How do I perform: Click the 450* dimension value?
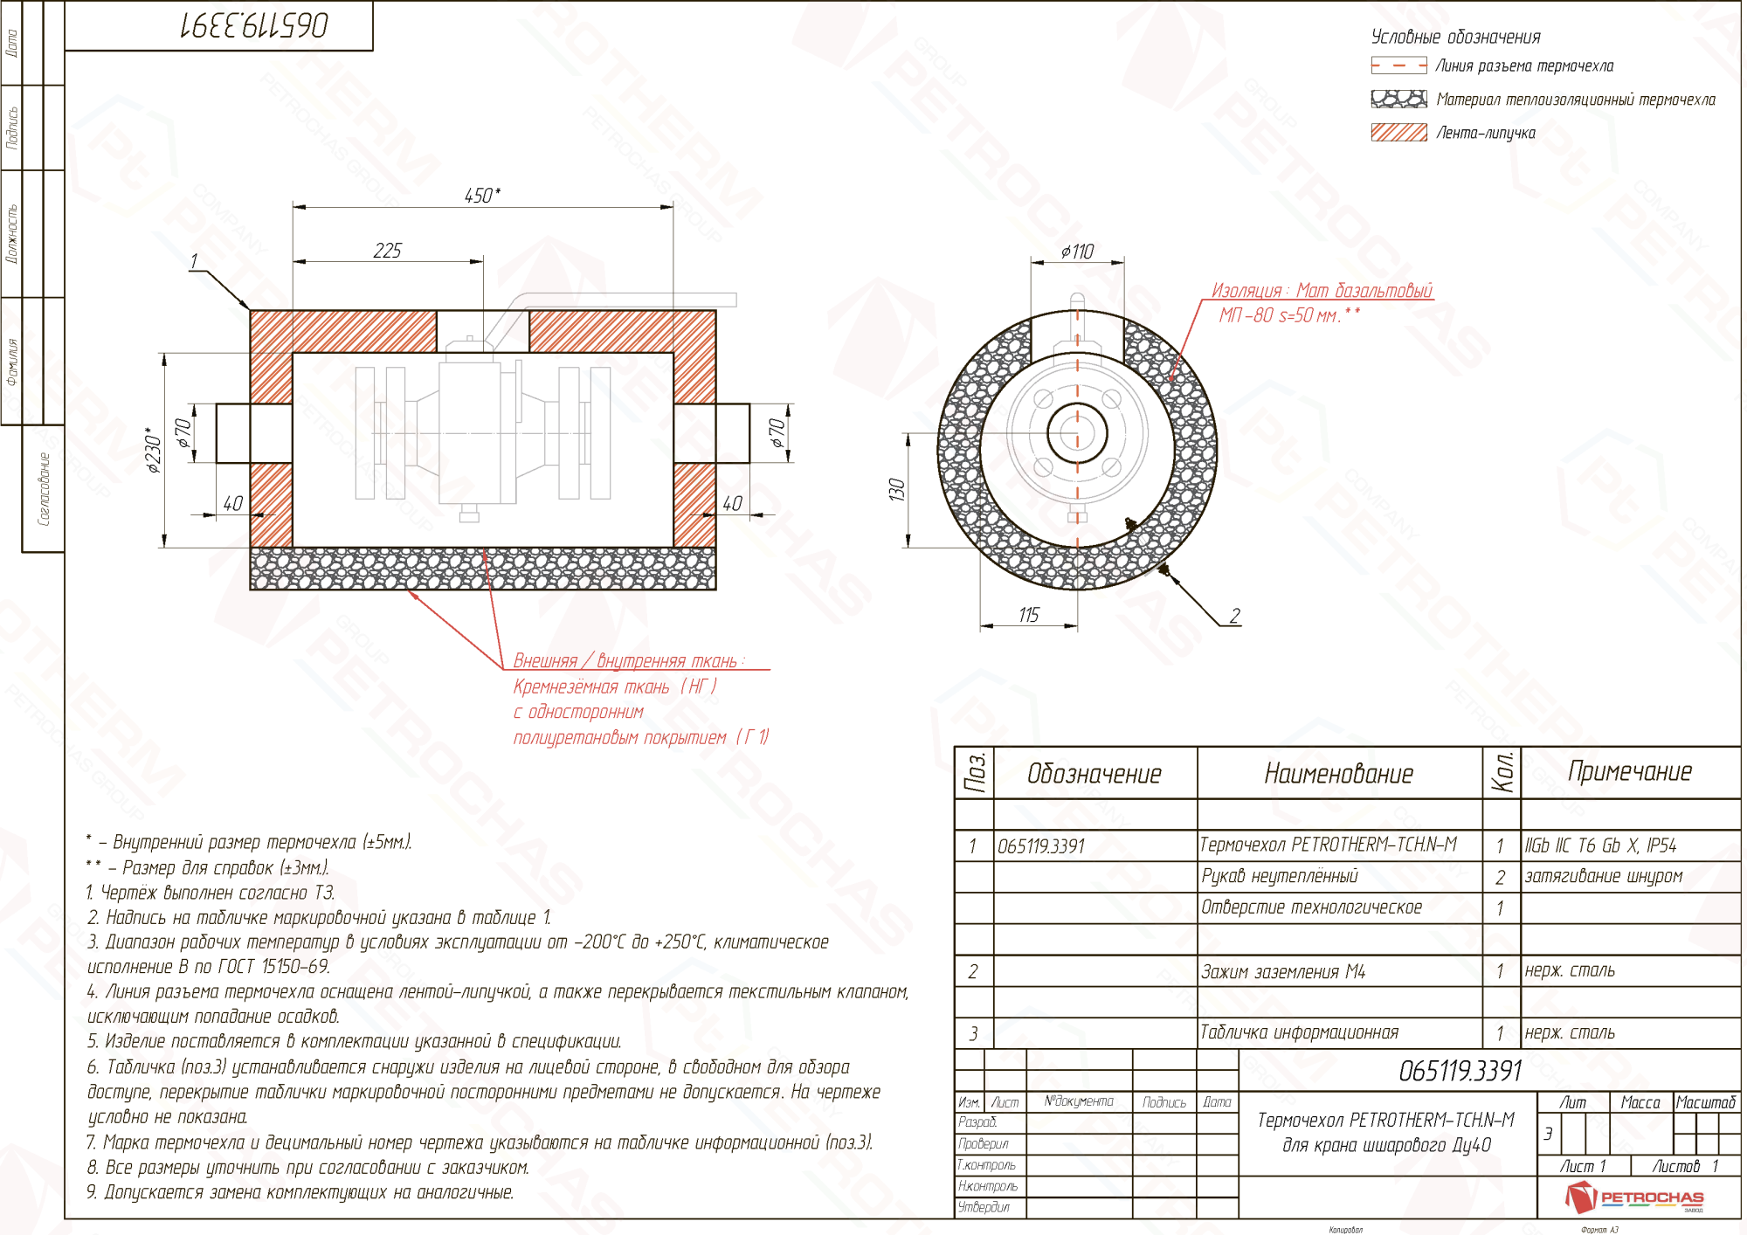pos(482,196)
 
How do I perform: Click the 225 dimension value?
pos(387,251)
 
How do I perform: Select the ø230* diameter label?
pos(154,451)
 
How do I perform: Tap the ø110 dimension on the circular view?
pos(1077,252)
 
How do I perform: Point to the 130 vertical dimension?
pos(896,489)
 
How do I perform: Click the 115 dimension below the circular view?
pos(1028,615)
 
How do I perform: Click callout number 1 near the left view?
pos(194,261)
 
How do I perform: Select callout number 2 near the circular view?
pos(1234,616)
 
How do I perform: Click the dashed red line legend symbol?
pos(1398,66)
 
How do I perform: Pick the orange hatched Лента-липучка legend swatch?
pos(1398,132)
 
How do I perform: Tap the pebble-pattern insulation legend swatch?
pos(1398,99)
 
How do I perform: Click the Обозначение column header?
pos(1094,774)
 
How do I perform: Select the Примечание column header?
pos(1629,771)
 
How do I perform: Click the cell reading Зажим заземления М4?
pos(1282,971)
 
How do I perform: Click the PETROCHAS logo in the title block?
pos(1633,1197)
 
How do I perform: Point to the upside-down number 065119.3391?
pos(254,26)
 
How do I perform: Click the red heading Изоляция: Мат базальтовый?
pos(1321,291)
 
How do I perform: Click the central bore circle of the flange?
pos(1077,432)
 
